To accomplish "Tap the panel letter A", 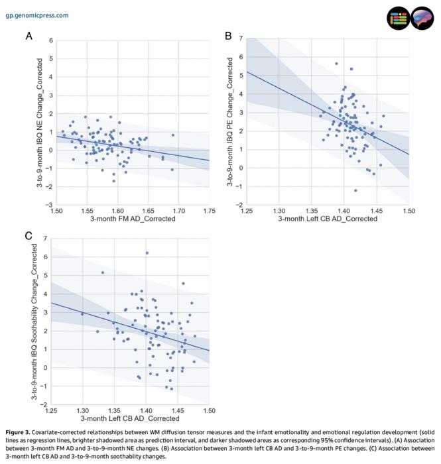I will (29, 35).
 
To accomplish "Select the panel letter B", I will (228, 35).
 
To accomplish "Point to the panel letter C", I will (29, 235).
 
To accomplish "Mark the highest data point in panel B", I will (336, 64).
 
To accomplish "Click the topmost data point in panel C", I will (147, 253).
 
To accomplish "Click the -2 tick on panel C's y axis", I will (43, 404).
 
